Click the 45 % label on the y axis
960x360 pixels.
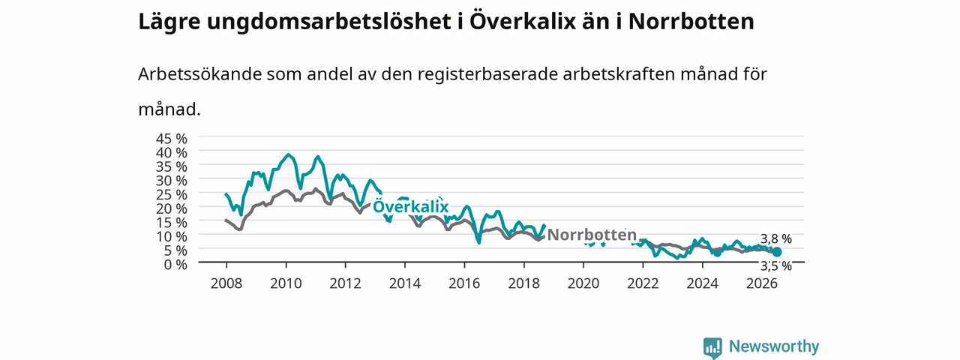172,139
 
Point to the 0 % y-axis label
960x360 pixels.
175,265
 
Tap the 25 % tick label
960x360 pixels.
172,194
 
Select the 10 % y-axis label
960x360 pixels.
172,236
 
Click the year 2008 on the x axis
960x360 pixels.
226,283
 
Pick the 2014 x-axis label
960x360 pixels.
405,283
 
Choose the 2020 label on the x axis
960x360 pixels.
583,283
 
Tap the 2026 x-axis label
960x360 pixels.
762,283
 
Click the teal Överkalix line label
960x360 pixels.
410,206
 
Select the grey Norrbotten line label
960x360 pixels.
592,235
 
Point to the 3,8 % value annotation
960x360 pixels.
776,238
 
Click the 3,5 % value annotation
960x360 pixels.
776,266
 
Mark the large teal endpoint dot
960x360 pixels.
776,252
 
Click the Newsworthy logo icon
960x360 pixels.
712,346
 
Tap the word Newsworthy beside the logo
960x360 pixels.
774,346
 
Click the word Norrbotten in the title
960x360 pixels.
691,22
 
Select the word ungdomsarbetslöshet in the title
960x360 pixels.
328,22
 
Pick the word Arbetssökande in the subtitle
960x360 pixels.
199,74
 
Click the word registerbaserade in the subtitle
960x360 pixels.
487,75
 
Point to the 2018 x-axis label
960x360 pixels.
523,283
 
